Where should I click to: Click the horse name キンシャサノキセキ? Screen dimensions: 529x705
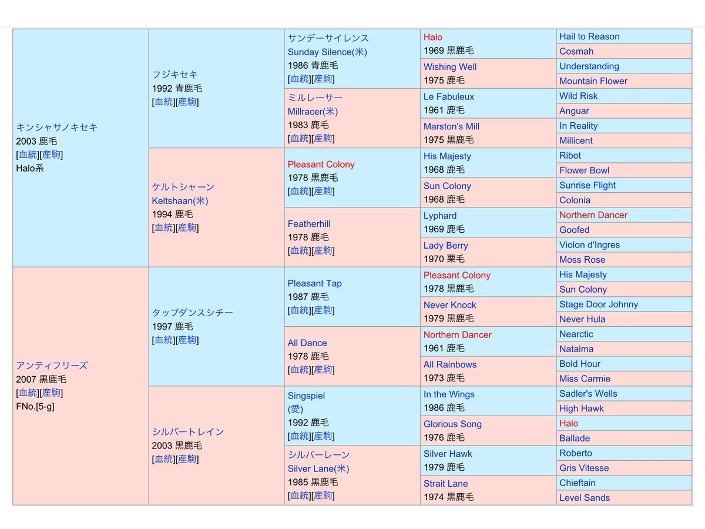57,127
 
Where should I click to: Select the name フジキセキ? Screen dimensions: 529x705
175,75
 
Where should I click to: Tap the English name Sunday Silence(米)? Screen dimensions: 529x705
327,52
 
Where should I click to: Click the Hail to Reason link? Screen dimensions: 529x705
589,36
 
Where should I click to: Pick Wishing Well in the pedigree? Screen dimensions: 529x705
450,67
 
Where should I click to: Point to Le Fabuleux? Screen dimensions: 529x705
449,96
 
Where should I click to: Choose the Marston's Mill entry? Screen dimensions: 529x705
452,126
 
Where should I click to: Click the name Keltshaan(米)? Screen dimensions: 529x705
180,200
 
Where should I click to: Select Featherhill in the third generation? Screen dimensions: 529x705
309,224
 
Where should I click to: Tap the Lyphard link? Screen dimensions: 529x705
440,216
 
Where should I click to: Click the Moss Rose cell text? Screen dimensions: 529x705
582,260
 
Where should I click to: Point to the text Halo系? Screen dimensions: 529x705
30,168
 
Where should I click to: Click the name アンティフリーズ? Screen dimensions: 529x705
52,365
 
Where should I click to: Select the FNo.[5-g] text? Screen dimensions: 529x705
35,406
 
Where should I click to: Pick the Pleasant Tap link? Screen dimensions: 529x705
314,283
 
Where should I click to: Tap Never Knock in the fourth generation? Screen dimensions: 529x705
450,305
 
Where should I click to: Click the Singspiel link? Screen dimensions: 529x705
306,396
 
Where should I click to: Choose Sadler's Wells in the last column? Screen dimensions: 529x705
588,394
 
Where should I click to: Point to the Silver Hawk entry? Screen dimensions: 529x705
448,454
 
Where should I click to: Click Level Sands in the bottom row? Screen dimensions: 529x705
585,498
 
